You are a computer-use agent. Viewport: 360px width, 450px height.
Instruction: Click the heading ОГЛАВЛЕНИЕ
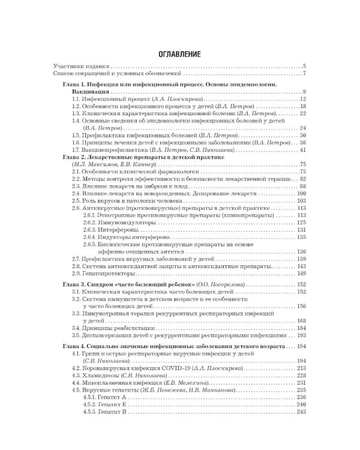click(179, 55)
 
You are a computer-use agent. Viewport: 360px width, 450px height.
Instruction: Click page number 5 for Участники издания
click(305, 66)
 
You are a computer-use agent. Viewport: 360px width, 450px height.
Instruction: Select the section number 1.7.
click(76, 149)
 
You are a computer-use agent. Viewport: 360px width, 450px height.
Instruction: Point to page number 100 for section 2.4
click(301, 193)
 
